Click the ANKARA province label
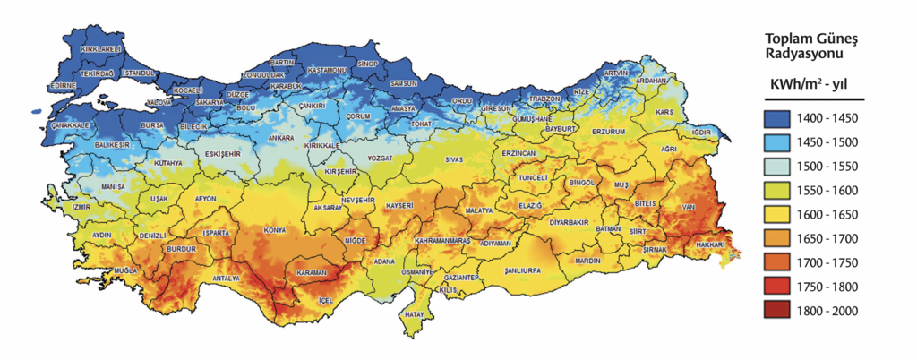281,139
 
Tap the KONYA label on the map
274,230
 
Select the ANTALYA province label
227,279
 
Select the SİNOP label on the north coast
368,64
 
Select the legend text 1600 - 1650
832,216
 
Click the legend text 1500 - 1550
832,167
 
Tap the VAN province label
689,207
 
